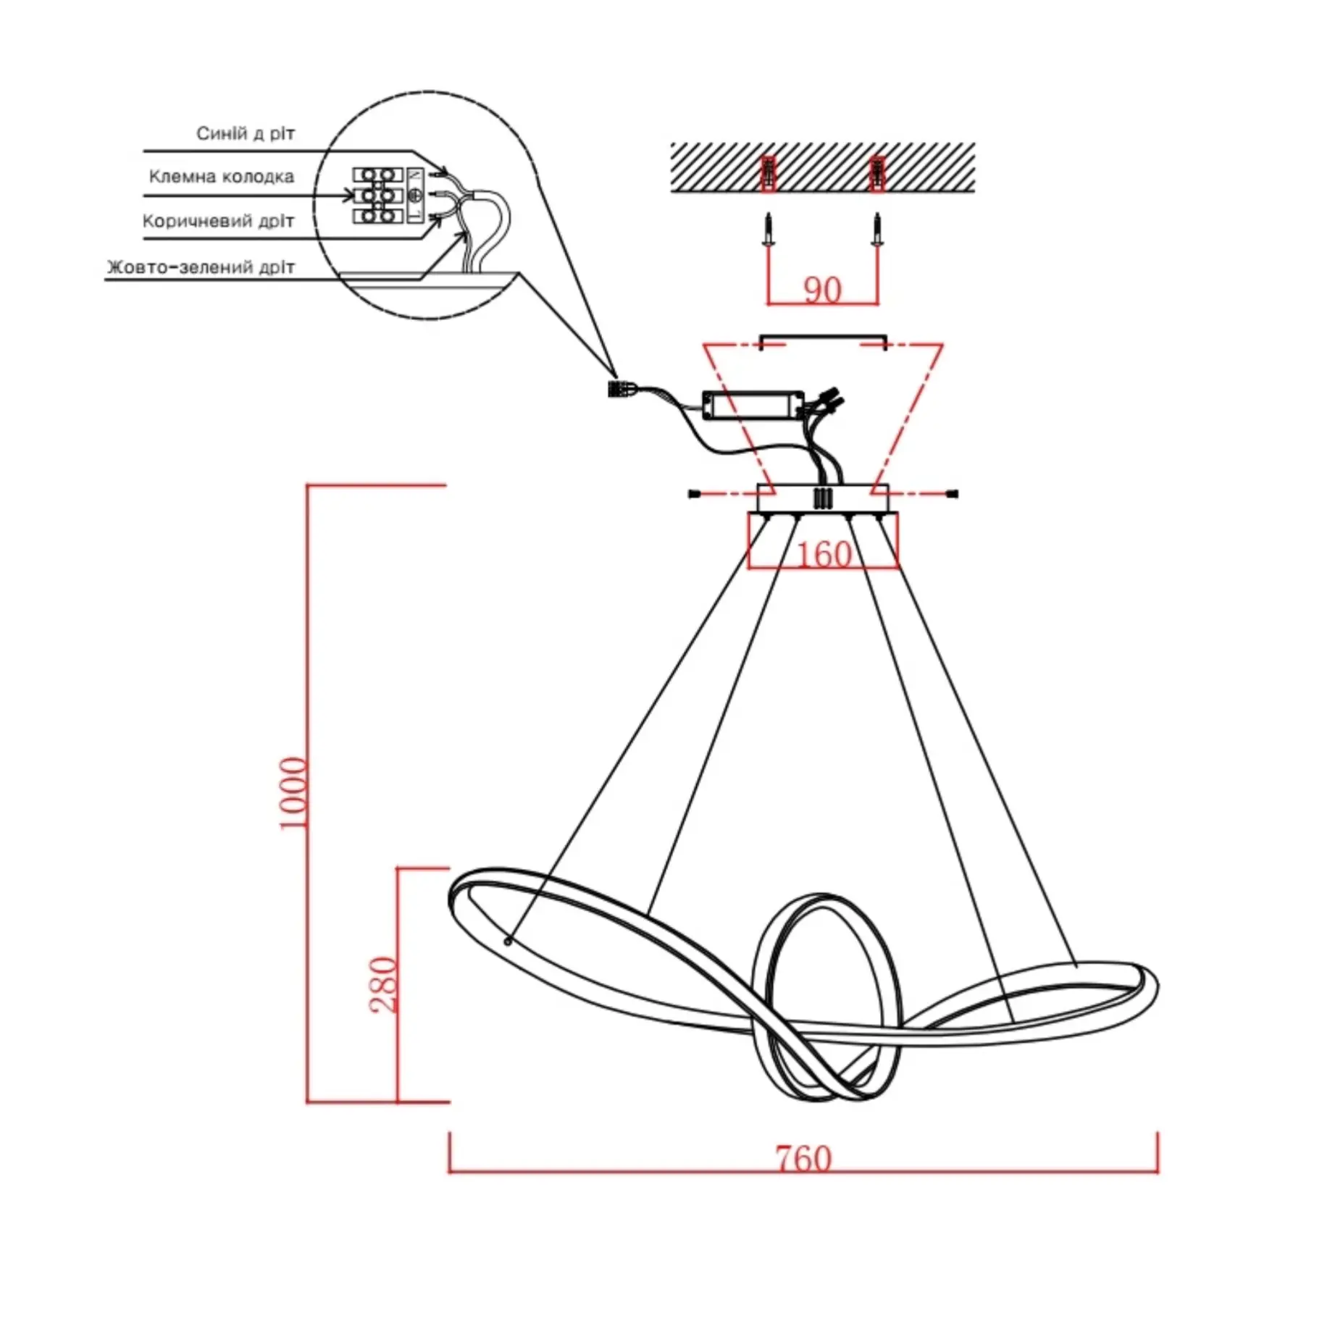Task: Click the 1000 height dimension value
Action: (293, 792)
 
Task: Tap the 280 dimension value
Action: (384, 984)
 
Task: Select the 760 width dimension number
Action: (803, 1159)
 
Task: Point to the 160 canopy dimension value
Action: (824, 555)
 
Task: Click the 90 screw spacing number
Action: (822, 290)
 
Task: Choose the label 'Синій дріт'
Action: (246, 134)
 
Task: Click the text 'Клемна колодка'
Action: (221, 177)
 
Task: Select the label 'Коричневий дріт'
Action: (218, 221)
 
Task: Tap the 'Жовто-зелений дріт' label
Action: (201, 267)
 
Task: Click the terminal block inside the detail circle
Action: (377, 196)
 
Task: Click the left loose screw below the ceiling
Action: (769, 230)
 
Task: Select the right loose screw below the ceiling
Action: (877, 230)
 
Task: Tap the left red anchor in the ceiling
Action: (769, 174)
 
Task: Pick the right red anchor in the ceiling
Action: (877, 174)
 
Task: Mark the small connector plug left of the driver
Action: (618, 390)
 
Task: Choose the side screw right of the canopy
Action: (952, 495)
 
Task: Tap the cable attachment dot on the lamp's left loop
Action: (508, 942)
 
